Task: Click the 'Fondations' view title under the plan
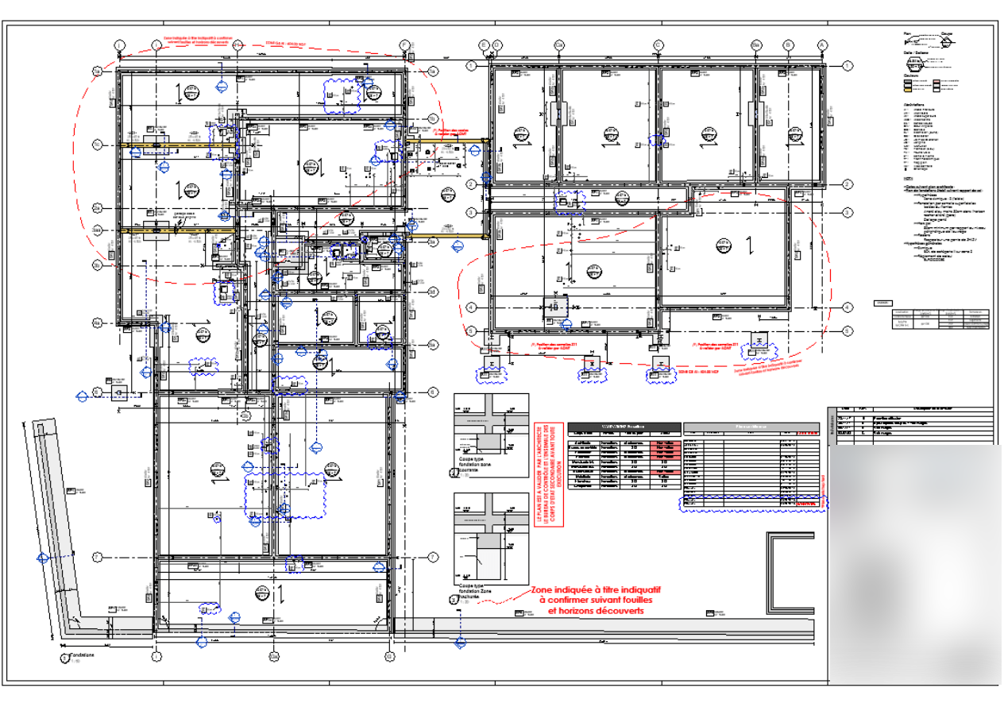tap(82, 655)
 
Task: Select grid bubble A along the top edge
tap(823, 44)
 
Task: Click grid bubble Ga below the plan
tap(273, 657)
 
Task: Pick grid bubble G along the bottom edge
tap(389, 657)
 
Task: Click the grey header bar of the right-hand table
tap(751, 427)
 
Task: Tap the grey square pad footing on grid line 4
tap(555, 307)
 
